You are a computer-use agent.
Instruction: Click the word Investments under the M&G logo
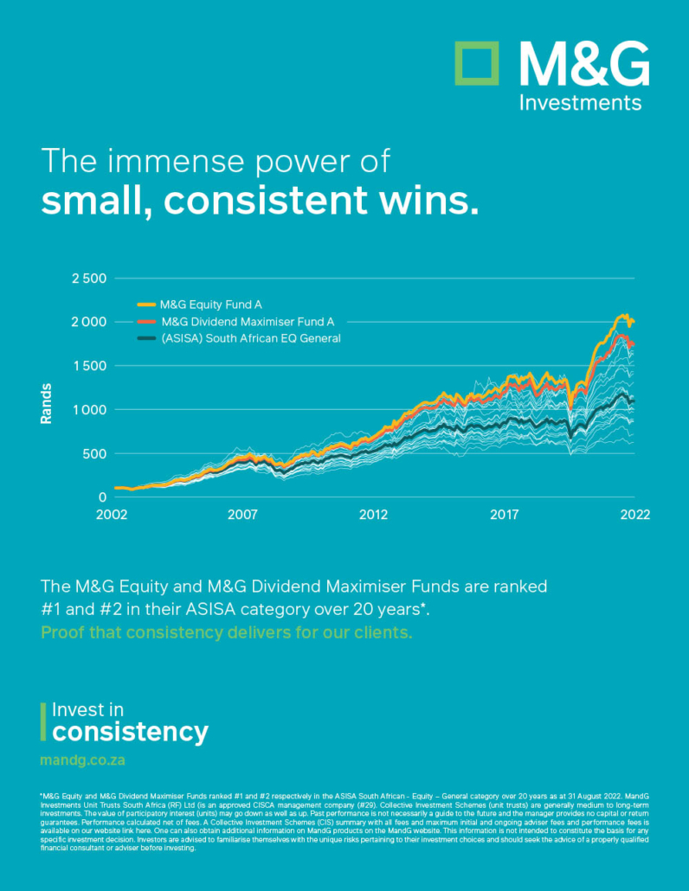click(x=580, y=103)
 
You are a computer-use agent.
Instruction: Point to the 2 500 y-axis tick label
click(x=87, y=279)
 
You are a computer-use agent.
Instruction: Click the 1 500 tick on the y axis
click(x=87, y=366)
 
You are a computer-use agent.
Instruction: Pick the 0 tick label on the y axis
click(x=101, y=497)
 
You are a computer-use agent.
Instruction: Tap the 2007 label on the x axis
click(x=243, y=515)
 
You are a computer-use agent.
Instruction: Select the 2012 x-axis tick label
click(x=373, y=515)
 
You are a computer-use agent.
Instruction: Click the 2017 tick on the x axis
click(x=504, y=515)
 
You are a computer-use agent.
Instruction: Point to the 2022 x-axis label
click(x=634, y=515)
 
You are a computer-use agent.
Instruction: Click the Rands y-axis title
click(x=46, y=404)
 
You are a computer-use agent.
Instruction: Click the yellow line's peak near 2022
click(x=622, y=317)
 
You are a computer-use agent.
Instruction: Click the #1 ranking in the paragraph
click(x=52, y=610)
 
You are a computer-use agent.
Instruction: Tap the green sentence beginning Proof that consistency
click(x=226, y=632)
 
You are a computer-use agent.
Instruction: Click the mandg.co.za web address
click(x=87, y=761)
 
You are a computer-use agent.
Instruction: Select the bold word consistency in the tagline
click(x=131, y=732)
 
